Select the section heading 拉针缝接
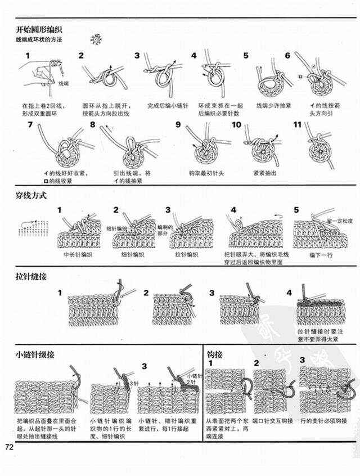31,277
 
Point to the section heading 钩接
215,354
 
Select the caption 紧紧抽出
264,173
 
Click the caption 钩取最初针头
206,173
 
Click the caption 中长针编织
78,254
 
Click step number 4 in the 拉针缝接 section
289,293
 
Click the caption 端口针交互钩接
273,420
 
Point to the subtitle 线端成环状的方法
38,40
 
